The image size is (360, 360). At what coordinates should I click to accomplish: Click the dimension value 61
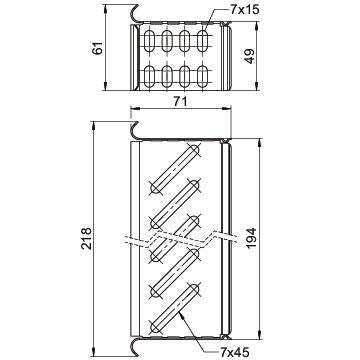point(98,48)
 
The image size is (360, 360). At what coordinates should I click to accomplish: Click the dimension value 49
point(249,56)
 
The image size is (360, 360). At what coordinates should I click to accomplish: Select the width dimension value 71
point(180,101)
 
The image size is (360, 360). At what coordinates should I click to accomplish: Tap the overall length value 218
point(86,238)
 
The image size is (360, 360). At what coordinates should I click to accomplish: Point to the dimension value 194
point(250,238)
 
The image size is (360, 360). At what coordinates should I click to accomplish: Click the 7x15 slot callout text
point(244,10)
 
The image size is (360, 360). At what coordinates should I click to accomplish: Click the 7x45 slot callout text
point(235,351)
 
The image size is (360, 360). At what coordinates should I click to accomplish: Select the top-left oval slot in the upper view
point(150,41)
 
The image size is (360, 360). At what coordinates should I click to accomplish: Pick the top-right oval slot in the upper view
point(202,41)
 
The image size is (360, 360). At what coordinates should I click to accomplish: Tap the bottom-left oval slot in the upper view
point(150,77)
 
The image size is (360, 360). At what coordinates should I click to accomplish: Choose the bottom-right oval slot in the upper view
point(202,77)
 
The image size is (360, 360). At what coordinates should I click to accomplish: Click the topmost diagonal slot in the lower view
point(174,168)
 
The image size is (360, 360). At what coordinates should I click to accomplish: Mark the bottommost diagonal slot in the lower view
point(174,308)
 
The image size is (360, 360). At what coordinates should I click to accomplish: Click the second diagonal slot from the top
point(174,204)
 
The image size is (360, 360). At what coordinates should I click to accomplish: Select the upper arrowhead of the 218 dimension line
point(94,125)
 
